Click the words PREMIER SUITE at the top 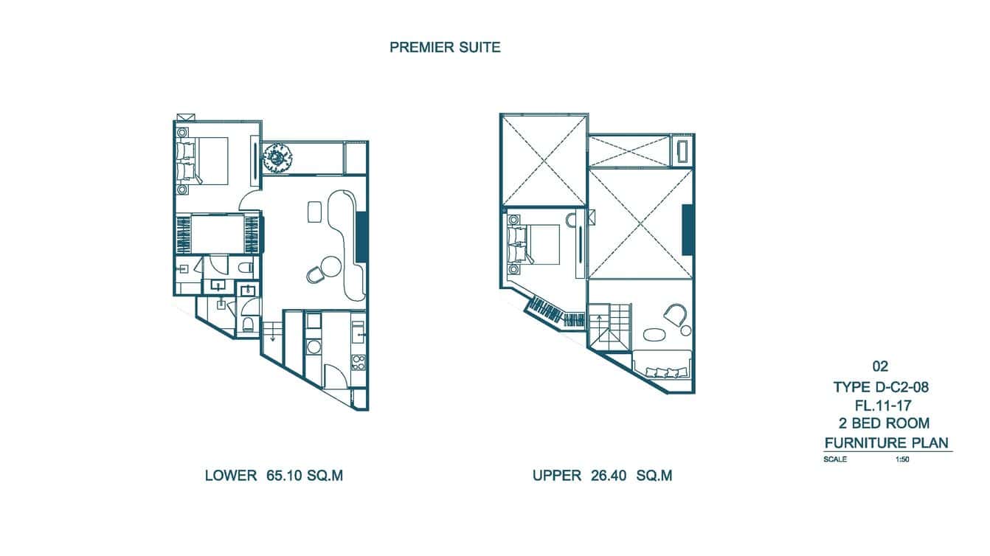(445, 48)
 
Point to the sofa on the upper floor (662, 364)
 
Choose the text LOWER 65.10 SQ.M (274, 476)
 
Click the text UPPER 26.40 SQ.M (602, 476)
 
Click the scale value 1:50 (901, 459)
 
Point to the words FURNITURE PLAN (886, 442)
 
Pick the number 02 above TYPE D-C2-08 (879, 366)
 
